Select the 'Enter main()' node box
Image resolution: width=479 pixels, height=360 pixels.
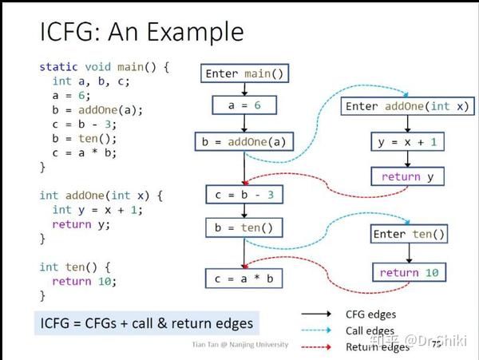[x=243, y=74]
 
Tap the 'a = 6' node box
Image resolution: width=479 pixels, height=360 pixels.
[x=243, y=105]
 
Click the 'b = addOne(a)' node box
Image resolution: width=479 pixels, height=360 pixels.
[x=243, y=142]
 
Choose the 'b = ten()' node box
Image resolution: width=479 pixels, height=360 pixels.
[x=243, y=227]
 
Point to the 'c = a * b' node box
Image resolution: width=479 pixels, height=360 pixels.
[x=243, y=278]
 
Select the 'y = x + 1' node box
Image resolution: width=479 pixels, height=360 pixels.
[x=407, y=142]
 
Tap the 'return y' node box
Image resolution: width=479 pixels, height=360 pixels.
[x=407, y=176]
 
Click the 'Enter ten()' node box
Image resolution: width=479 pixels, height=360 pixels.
[x=409, y=234]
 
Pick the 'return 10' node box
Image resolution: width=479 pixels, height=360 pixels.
[x=409, y=272]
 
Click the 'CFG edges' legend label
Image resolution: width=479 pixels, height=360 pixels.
[x=370, y=314]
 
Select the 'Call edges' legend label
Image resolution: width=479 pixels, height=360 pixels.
[x=370, y=330]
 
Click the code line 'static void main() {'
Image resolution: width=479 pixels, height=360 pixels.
[x=105, y=68]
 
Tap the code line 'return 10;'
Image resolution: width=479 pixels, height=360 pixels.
[x=85, y=281]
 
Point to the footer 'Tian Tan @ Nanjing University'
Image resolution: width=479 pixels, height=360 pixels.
[x=240, y=345]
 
